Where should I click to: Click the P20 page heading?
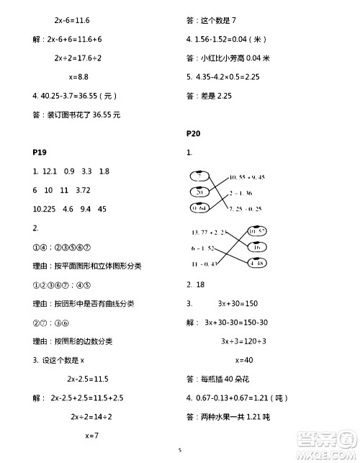click(x=193, y=133)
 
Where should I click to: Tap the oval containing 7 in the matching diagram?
click(x=200, y=176)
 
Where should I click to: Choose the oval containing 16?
click(x=256, y=247)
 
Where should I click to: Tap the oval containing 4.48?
click(x=256, y=263)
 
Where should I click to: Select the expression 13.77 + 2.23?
click(x=209, y=232)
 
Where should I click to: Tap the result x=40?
click(x=246, y=359)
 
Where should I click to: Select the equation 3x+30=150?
click(x=244, y=303)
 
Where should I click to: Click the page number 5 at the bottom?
click(x=181, y=451)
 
